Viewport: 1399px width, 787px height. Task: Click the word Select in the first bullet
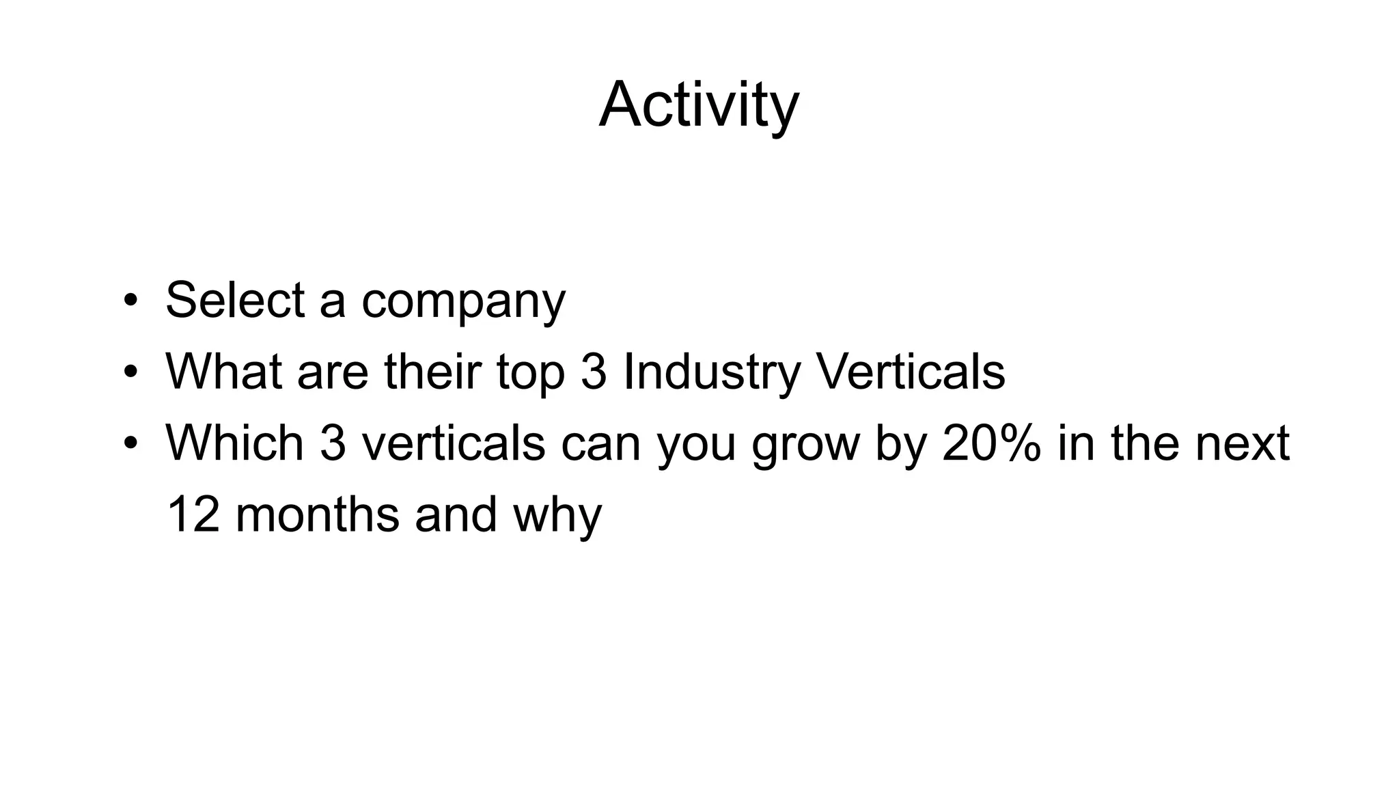(235, 300)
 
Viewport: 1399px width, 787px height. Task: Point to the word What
(223, 372)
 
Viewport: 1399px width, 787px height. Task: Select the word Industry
(711, 373)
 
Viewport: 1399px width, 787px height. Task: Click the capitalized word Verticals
(911, 372)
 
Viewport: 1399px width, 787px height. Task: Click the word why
(557, 516)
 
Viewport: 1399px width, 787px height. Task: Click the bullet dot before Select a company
(130, 301)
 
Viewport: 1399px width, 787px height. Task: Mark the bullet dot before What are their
(130, 372)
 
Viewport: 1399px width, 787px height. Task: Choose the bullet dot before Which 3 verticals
(130, 444)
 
